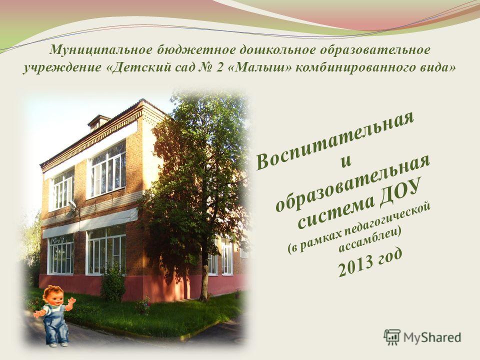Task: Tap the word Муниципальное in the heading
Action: click(x=100, y=49)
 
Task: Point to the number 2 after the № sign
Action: click(x=219, y=67)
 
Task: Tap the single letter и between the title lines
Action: click(x=346, y=160)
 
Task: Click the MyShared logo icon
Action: click(x=392, y=337)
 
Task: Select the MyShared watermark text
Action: click(x=432, y=337)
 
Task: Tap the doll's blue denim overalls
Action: click(x=55, y=324)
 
